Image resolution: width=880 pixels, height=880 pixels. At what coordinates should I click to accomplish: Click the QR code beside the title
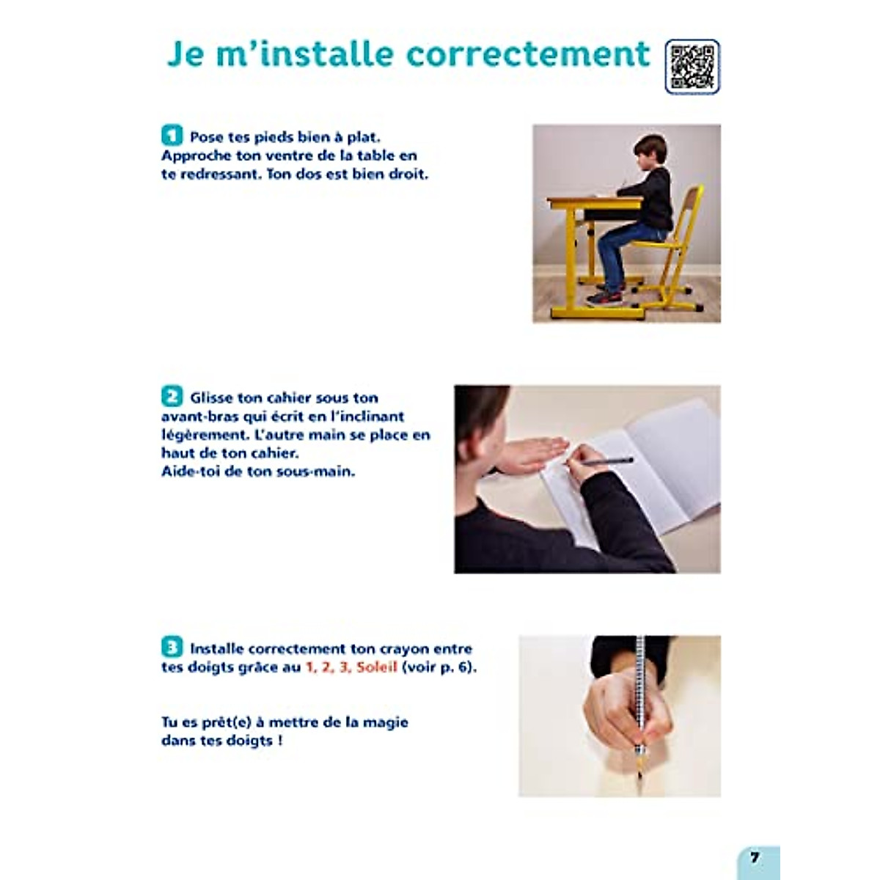click(x=692, y=67)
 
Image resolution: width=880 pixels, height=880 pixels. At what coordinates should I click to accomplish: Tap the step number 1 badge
click(x=172, y=136)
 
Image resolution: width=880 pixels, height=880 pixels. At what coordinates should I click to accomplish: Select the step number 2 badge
click(x=172, y=397)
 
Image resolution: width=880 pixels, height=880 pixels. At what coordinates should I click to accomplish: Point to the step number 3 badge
click(x=172, y=648)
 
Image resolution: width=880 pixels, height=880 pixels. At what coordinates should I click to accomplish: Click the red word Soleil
click(x=377, y=667)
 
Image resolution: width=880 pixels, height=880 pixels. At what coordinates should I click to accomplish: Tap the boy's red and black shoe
click(x=606, y=298)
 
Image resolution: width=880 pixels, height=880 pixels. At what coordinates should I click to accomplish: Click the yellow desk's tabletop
click(x=594, y=201)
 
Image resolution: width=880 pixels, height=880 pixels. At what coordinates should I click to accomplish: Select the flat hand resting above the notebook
click(x=532, y=453)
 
